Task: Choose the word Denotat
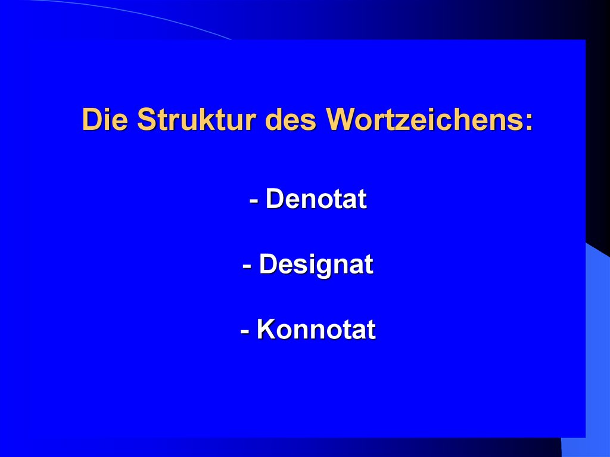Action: [x=316, y=199]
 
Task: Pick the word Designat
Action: [x=316, y=265]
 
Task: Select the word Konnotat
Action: [x=316, y=329]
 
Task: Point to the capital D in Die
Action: [x=91, y=119]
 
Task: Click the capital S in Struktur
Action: [x=145, y=119]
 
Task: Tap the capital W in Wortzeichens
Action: [x=340, y=119]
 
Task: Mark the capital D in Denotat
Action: [x=275, y=199]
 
